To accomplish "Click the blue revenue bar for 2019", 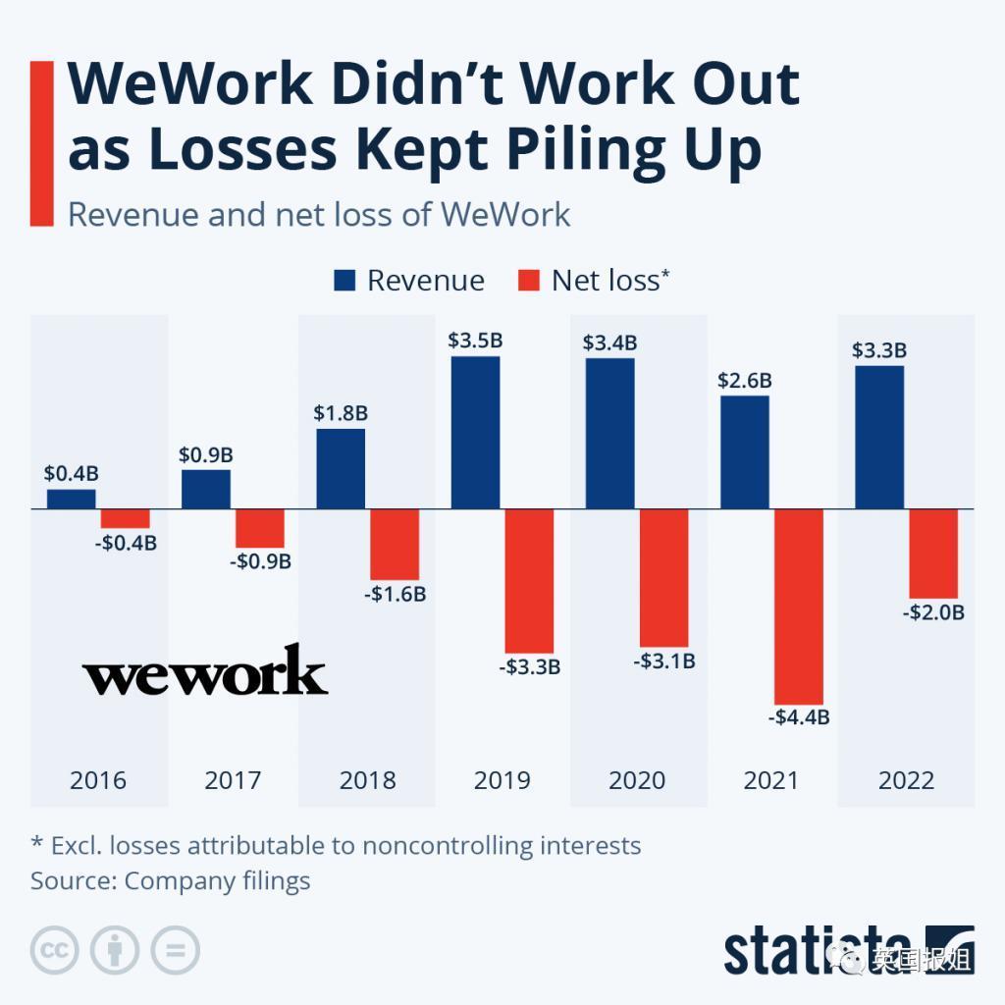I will (x=475, y=432).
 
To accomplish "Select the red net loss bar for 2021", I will (x=798, y=606).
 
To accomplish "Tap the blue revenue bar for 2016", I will (x=72, y=499).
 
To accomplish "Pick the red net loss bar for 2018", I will (x=395, y=544).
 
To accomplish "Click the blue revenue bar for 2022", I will (x=879, y=437).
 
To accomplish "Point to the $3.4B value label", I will (x=609, y=343).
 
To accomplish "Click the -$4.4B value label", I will (x=799, y=717).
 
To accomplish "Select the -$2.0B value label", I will (x=933, y=612).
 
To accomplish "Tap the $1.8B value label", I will (x=340, y=413).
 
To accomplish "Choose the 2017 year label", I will (x=233, y=780).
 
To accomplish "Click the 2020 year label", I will (x=637, y=780).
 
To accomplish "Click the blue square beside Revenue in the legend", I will (x=344, y=281).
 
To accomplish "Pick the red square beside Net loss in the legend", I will (x=528, y=281).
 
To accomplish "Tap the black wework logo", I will (x=204, y=671).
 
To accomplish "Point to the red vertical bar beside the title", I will (x=42, y=143).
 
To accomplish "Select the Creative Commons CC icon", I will (x=55, y=950).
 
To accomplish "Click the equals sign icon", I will (x=175, y=950).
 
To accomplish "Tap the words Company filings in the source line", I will (x=217, y=880).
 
